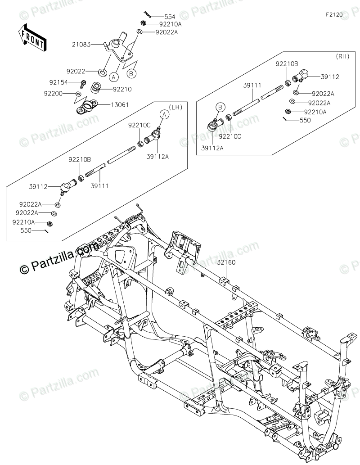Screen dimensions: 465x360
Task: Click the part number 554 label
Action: (x=157, y=16)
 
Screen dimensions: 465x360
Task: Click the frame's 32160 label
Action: (x=226, y=262)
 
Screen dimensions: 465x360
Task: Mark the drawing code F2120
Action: (x=334, y=14)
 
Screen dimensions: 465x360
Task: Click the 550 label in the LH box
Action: (x=27, y=230)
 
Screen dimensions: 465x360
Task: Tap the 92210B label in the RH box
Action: (x=287, y=64)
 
